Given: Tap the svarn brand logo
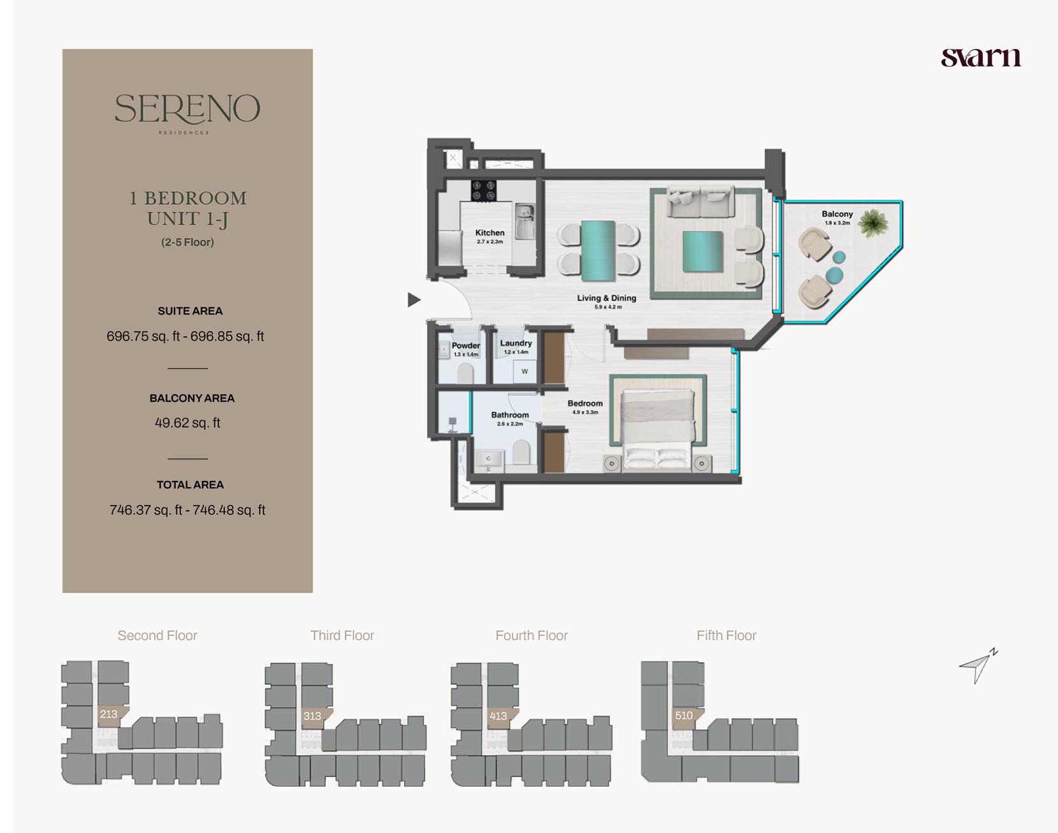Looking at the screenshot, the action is [981, 57].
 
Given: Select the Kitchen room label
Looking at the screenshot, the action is [489, 236].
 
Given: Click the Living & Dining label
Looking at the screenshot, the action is [607, 301].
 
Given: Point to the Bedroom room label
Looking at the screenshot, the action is [585, 406].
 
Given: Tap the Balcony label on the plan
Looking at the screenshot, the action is [837, 217].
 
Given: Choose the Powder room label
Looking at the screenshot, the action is [466, 348].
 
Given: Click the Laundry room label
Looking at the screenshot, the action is [516, 346].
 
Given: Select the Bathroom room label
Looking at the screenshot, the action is [510, 418].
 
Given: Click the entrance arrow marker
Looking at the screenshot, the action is [414, 299].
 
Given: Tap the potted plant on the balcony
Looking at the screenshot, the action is [873, 223].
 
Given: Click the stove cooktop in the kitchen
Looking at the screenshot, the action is [483, 190].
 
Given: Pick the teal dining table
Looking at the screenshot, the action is [598, 250].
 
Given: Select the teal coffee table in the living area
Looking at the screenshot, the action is [702, 251].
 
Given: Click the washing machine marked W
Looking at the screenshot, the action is [525, 371].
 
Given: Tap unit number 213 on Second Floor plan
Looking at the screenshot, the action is [108, 714].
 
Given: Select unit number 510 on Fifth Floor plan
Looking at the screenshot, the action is [683, 715].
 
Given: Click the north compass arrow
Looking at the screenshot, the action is [978, 666].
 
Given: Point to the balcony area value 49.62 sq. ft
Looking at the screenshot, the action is [187, 423].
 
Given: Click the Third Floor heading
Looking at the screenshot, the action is [342, 635].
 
